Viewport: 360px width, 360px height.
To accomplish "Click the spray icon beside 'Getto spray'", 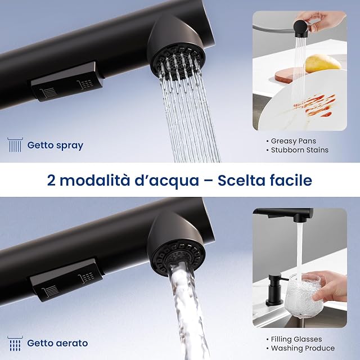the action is [x=15, y=145].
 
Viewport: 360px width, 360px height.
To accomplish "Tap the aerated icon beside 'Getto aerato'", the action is [x=15, y=344].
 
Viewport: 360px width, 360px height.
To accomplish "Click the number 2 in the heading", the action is [x=51, y=180].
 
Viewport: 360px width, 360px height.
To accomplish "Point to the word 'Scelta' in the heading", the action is [x=241, y=180].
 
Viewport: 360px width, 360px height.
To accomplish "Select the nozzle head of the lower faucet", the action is [x=176, y=245].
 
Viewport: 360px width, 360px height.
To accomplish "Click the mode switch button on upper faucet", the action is [x=66, y=82].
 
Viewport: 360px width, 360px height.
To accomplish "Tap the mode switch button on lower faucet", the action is [x=66, y=280].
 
